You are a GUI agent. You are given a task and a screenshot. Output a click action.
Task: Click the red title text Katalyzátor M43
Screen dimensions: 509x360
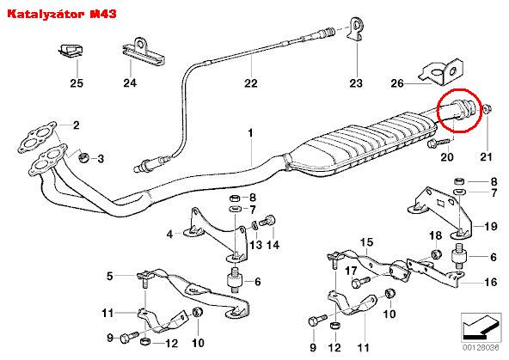tap(62, 14)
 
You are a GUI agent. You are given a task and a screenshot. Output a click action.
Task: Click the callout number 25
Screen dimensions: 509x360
tap(77, 83)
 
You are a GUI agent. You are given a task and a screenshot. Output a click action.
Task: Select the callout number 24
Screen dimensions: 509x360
tap(130, 83)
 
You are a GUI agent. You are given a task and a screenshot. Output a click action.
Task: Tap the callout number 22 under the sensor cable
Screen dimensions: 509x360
tap(250, 83)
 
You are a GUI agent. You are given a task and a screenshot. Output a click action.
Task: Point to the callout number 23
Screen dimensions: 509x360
tap(356, 83)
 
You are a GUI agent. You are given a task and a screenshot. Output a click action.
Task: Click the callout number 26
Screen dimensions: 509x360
tap(397, 83)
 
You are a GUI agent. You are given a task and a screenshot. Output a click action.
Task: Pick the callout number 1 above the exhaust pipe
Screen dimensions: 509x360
tap(250, 133)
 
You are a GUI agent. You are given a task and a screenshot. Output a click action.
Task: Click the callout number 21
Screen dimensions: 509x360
tap(486, 157)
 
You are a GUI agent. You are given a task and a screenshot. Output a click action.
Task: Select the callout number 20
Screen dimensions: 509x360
tap(447, 157)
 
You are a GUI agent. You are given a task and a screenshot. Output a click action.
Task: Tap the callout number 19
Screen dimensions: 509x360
tap(490, 226)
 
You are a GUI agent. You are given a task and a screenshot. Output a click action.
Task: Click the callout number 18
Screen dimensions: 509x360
tap(435, 235)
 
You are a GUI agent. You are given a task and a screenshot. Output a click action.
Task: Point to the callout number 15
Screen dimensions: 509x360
tap(367, 242)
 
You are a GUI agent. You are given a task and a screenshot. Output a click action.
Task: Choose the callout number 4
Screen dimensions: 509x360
tap(169, 235)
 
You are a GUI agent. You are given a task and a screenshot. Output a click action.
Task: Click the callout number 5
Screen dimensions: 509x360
tap(110, 277)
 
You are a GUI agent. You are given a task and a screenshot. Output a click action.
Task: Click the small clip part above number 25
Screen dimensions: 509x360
tap(71, 51)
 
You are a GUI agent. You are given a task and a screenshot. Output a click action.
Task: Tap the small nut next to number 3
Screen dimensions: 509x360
tap(84, 157)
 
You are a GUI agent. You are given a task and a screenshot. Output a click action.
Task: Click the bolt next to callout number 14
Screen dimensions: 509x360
tap(268, 221)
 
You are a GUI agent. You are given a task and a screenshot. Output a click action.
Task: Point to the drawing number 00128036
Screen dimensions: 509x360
tap(481, 348)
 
